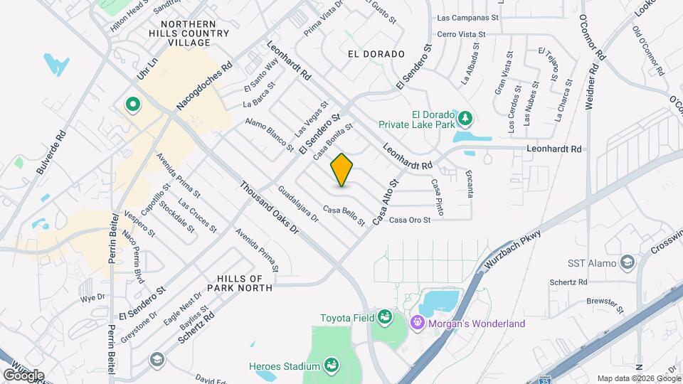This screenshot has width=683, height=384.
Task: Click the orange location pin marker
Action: pos(342,170)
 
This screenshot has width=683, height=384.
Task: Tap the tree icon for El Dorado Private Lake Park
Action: pos(466,117)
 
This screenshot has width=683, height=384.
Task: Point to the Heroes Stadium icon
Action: pos(331,366)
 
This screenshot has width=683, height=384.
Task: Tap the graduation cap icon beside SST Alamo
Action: pos(627,263)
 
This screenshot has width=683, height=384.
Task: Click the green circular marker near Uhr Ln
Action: pos(132,105)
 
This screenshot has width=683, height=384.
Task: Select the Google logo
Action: pos(23,375)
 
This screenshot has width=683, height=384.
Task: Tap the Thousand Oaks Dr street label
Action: pos(269,207)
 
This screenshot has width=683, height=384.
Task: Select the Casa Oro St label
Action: pos(410,220)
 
